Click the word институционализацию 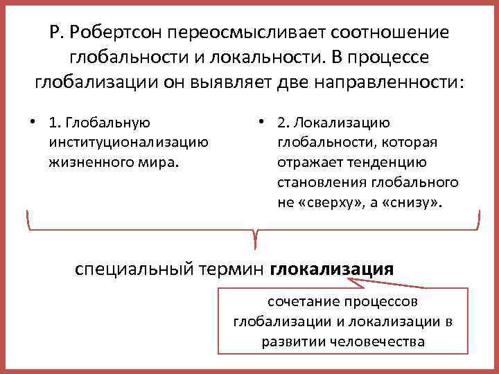click(128, 143)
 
